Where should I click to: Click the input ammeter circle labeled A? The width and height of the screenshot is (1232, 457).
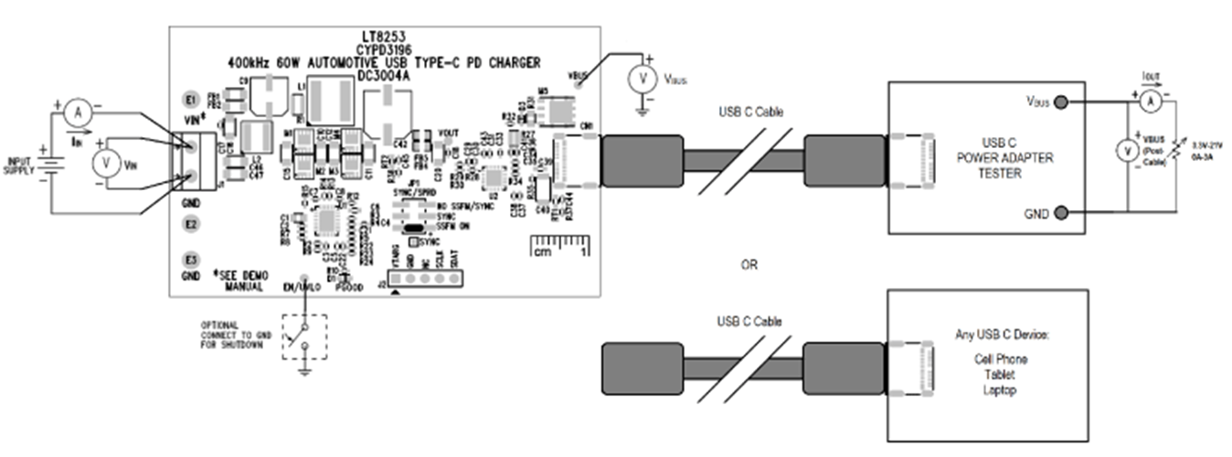click(x=78, y=112)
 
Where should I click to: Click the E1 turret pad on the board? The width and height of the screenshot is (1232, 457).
click(x=191, y=99)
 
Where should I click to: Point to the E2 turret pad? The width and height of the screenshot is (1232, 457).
click(x=191, y=223)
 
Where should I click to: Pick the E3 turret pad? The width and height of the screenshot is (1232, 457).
click(x=191, y=260)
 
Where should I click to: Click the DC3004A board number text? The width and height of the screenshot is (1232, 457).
click(x=384, y=76)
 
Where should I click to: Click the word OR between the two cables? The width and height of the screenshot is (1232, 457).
click(x=749, y=265)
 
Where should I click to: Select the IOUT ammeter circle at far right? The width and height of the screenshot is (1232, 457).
click(x=1152, y=102)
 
